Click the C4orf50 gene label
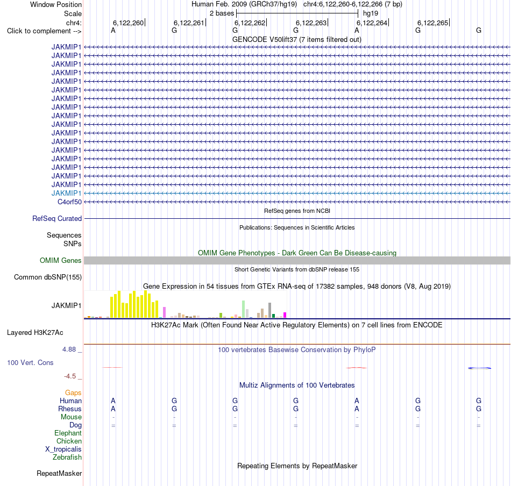[69, 202]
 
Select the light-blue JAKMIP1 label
[66, 193]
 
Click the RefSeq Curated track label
[57, 219]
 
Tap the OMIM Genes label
[61, 261]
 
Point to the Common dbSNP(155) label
[48, 277]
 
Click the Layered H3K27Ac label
[35, 333]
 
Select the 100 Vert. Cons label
[30, 362]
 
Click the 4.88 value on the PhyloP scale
[69, 349]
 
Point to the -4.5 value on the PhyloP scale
[70, 376]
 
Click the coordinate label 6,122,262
[250, 23]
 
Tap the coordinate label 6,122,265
[433, 23]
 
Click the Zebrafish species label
[67, 458]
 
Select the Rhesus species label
[70, 409]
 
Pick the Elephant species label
[68, 433]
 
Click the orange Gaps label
[73, 393]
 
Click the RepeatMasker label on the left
[59, 473]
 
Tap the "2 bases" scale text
[222, 13]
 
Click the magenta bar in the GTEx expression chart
[285, 315]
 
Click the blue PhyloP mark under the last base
[479, 368]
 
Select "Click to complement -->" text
[44, 31]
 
